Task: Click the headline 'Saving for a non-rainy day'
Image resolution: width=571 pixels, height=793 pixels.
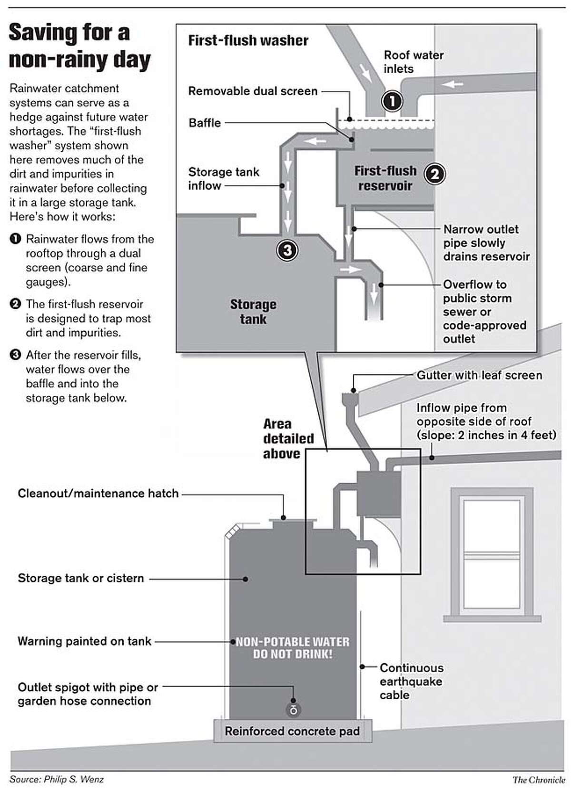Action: [79, 47]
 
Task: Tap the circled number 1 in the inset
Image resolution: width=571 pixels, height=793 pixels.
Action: [392, 101]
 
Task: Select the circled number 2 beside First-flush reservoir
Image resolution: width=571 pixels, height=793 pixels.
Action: [434, 174]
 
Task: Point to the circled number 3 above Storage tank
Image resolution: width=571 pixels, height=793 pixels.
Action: [287, 250]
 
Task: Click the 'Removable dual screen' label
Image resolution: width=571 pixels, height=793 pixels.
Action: [253, 91]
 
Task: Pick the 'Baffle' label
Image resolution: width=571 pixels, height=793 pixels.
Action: [205, 123]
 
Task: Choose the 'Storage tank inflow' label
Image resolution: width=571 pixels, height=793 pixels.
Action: [223, 178]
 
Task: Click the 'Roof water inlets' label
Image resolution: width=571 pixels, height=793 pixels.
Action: [413, 62]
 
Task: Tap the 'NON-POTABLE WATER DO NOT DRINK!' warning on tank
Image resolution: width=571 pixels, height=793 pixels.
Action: [293, 648]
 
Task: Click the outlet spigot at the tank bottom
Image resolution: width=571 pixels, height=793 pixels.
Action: [293, 710]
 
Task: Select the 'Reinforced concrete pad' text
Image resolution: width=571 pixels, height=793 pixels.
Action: [292, 731]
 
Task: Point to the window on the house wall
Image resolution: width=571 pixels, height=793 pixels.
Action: [492, 554]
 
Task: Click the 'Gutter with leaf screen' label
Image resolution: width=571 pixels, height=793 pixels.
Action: [479, 375]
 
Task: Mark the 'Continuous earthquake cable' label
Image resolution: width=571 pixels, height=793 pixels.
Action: [411, 681]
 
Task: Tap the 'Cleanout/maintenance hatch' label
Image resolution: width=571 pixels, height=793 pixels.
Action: [98, 493]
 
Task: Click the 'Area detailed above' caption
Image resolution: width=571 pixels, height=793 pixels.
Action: [288, 439]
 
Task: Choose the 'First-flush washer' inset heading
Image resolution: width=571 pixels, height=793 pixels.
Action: [248, 40]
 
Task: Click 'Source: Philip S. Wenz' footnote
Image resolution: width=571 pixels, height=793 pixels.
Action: [56, 779]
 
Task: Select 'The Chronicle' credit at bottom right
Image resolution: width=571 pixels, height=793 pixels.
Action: [539, 780]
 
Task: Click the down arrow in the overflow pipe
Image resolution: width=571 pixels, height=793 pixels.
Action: [374, 294]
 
